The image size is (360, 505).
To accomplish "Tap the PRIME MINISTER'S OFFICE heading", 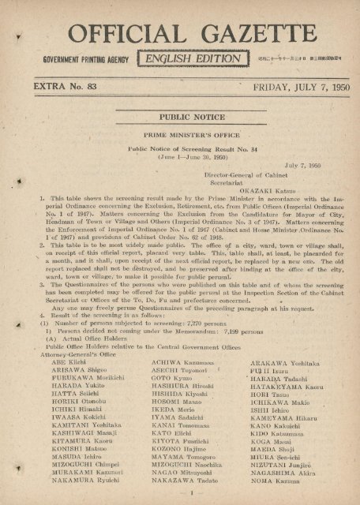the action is (182, 137).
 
